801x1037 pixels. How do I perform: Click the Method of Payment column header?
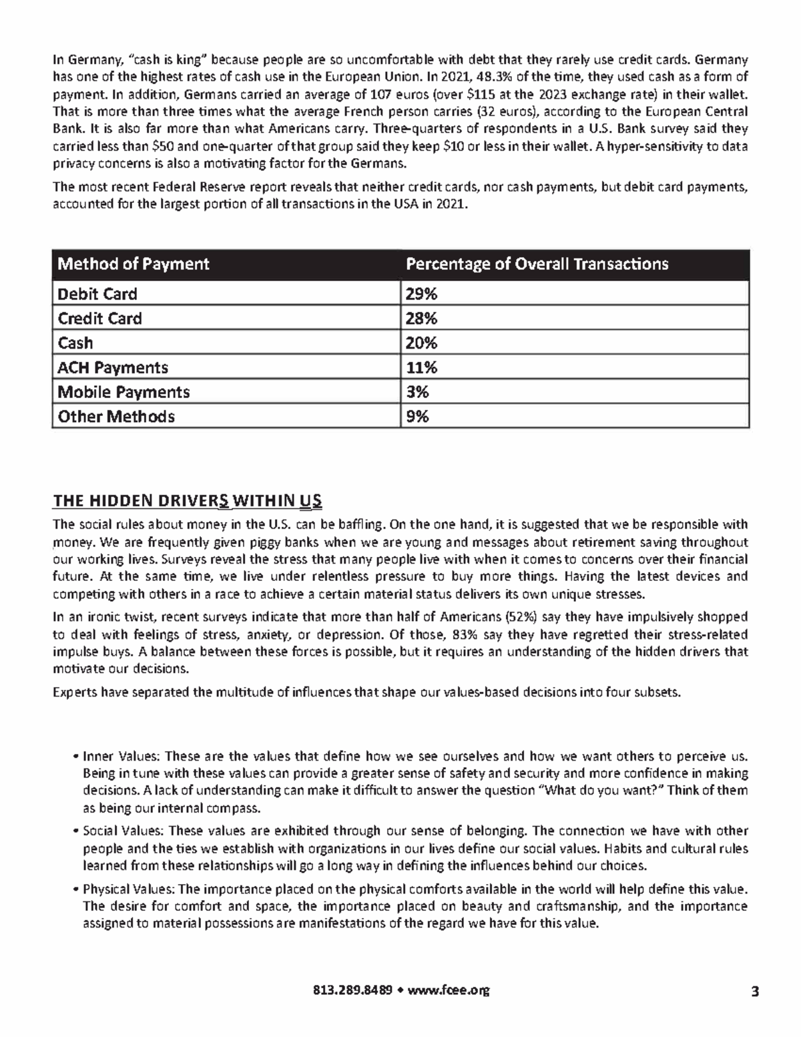(133, 264)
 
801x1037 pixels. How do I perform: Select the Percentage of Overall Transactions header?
(537, 264)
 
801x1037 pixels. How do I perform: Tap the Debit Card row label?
(97, 294)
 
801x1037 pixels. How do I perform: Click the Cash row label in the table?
(75, 343)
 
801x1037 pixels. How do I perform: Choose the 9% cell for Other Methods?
(418, 417)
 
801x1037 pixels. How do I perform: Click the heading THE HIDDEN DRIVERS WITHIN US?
(188, 501)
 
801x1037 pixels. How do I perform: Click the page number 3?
(754, 990)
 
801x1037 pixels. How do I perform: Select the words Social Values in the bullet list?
(122, 831)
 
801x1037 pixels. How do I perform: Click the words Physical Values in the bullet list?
(128, 889)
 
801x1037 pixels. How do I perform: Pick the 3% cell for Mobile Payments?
(418, 392)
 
